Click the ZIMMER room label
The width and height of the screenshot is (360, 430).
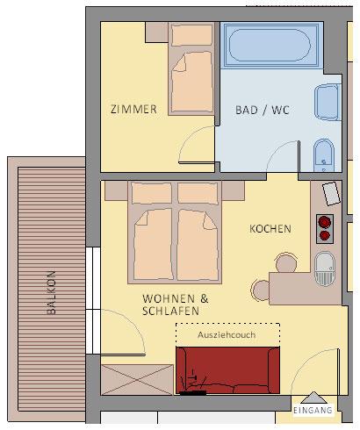[x=133, y=109]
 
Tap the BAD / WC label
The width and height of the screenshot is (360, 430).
[x=263, y=110]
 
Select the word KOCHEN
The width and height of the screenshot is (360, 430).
[x=270, y=229]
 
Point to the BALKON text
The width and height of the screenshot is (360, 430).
[x=51, y=292]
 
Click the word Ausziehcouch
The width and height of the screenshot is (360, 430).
[x=227, y=334]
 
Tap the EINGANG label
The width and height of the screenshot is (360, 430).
[x=313, y=410]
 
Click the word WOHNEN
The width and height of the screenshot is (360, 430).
[x=169, y=298]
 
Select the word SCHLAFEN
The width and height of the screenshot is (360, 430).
[x=170, y=311]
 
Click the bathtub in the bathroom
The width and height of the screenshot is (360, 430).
[x=270, y=46]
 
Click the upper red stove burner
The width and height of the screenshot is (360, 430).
[x=325, y=222]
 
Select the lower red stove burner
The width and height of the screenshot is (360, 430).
[x=325, y=235]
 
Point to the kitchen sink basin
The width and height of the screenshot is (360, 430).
[x=325, y=269]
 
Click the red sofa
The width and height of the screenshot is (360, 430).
[x=227, y=370]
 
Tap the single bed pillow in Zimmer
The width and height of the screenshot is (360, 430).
[x=192, y=35]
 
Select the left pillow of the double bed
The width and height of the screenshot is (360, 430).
[x=151, y=193]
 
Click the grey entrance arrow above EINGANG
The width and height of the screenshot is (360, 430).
[x=313, y=398]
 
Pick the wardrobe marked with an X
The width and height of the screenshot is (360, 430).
[x=137, y=380]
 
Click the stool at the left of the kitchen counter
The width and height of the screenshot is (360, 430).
[x=261, y=290]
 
